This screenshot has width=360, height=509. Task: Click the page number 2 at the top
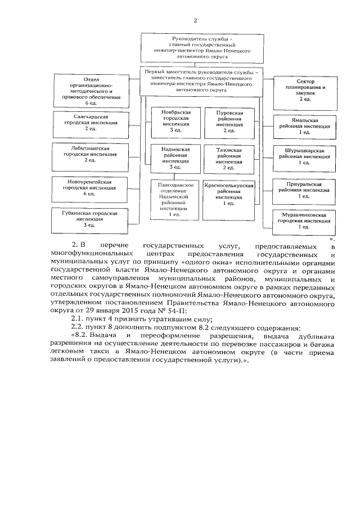(195, 21)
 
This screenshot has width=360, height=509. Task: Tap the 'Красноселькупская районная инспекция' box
(229, 194)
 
